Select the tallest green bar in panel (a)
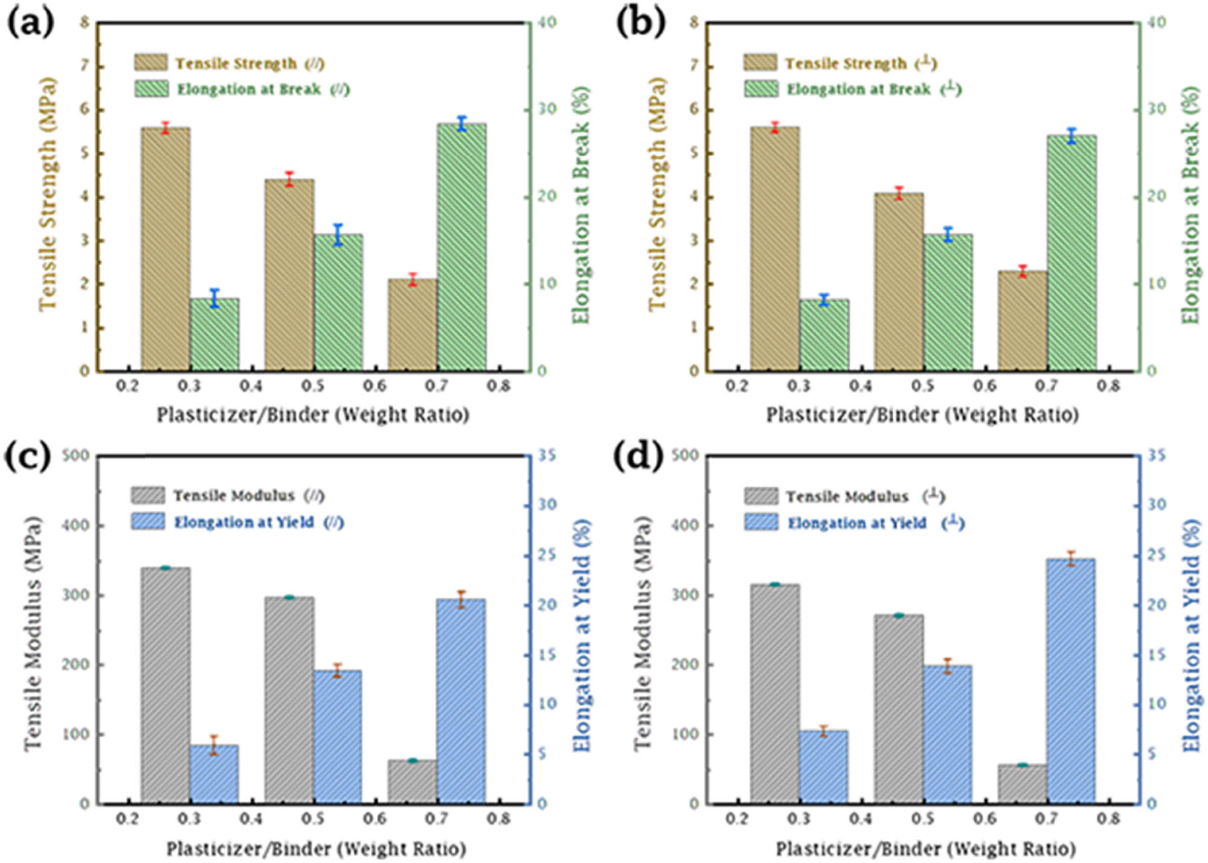pyautogui.click(x=461, y=248)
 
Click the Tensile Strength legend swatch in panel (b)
pyautogui.click(x=760, y=63)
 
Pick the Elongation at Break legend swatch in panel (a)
pyautogui.click(x=150, y=89)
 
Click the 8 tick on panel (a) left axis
pyautogui.click(x=84, y=22)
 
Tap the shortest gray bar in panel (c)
pyautogui.click(x=413, y=781)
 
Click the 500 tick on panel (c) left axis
pyautogui.click(x=75, y=455)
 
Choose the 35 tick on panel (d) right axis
pyautogui.click(x=1156, y=455)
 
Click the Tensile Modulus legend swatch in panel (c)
pyautogui.click(x=148, y=496)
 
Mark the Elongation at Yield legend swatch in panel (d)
pyautogui.click(x=760, y=522)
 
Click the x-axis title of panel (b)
pyautogui.click(x=922, y=415)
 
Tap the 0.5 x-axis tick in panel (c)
pyautogui.click(x=313, y=819)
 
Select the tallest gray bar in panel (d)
pyautogui.click(x=775, y=694)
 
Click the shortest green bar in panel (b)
pyautogui.click(x=824, y=335)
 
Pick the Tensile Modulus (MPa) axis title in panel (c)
pyautogui.click(x=33, y=634)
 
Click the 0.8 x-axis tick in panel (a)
pyautogui.click(x=498, y=385)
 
